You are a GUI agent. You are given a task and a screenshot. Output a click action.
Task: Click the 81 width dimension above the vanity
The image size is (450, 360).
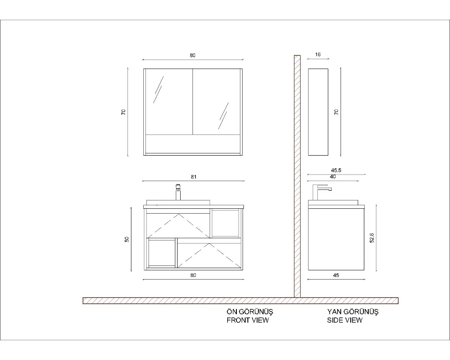point(193,177)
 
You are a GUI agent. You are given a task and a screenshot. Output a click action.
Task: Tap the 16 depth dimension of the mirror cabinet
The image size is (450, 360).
point(318,55)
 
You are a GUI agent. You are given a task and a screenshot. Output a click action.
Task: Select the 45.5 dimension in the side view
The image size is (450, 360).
point(336,170)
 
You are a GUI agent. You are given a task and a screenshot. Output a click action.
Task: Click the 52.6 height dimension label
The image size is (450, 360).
point(372,238)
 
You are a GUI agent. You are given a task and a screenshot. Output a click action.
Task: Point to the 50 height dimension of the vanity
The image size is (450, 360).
point(127,239)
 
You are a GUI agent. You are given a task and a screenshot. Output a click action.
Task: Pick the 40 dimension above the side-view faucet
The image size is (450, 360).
point(333,177)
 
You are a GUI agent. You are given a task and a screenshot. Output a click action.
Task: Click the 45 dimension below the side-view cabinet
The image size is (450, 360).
point(336,275)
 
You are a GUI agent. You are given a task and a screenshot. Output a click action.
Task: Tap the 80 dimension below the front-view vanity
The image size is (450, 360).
point(193,275)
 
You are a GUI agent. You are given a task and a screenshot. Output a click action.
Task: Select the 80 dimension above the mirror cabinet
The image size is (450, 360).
point(192,55)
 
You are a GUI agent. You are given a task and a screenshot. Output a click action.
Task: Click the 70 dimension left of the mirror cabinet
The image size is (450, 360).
point(123,112)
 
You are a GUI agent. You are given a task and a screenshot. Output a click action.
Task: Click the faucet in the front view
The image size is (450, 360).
point(178,192)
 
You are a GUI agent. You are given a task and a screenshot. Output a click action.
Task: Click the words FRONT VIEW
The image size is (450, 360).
point(248,320)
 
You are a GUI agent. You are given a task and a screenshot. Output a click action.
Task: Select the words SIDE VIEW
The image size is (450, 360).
point(345,320)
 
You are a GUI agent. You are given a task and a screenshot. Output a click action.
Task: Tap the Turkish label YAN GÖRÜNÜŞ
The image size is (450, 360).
point(353,312)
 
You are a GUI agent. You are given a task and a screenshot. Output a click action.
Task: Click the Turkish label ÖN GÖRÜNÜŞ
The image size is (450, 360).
point(250,312)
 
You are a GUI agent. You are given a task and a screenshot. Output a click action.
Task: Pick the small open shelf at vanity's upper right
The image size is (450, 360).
point(225,223)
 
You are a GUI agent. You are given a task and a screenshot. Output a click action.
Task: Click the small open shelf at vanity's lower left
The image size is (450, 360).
point(162,253)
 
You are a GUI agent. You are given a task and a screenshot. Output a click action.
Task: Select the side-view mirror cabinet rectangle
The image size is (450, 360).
point(318,112)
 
